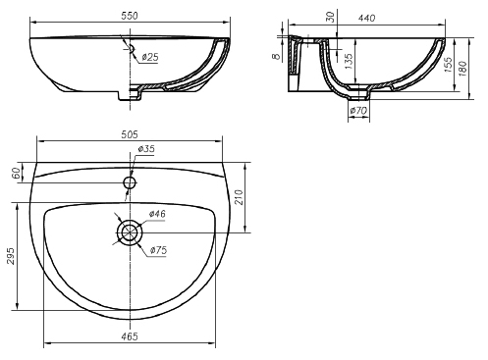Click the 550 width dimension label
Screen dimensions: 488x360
130,16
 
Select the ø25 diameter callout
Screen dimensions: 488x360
150,58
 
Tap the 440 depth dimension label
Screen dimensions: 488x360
366,19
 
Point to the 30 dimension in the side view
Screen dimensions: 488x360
331,17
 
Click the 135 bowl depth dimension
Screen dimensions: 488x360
349,61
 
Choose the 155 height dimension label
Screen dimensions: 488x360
448,65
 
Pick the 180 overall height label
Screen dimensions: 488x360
462,69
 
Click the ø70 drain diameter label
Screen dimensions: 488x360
358,111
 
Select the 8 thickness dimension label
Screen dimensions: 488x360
277,56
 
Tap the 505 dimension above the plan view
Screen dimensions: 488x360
130,134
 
